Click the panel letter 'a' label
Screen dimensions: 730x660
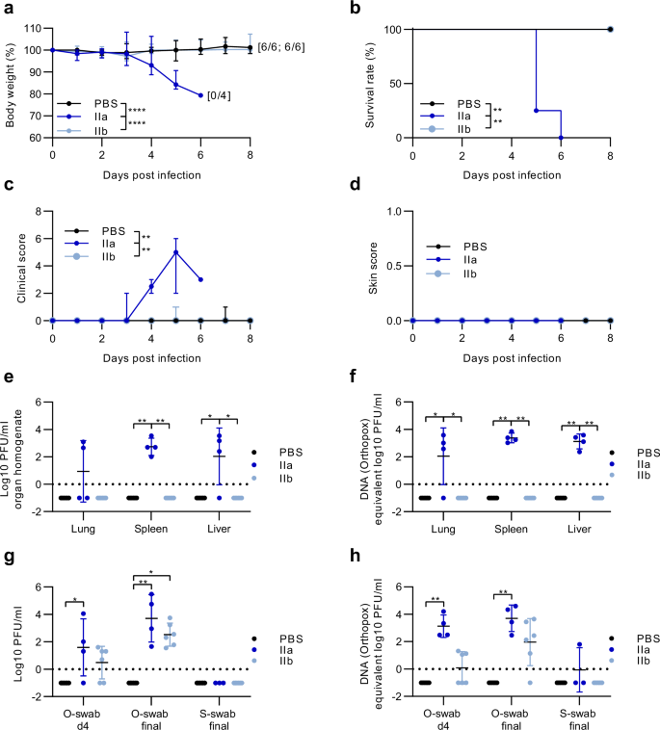pyautogui.click(x=6, y=9)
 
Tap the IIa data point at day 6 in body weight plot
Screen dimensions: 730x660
pyautogui.click(x=200, y=94)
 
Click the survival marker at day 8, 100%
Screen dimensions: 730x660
pyautogui.click(x=611, y=29)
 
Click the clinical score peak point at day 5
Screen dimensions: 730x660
pyautogui.click(x=175, y=252)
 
